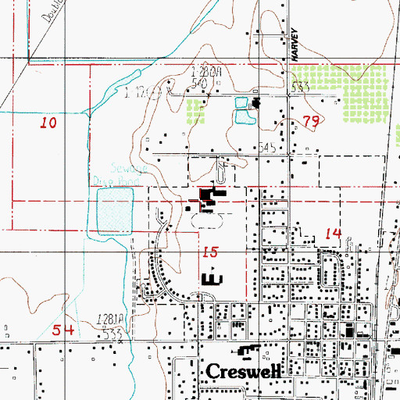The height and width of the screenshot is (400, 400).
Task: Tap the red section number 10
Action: pyautogui.click(x=48, y=123)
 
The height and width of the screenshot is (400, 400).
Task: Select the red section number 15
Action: pyautogui.click(x=208, y=252)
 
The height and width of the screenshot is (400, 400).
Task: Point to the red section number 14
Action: pyautogui.click(x=333, y=233)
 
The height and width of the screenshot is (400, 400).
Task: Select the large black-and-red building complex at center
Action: pyautogui.click(x=211, y=198)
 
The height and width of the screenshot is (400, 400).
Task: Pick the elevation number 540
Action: pyautogui.click(x=198, y=81)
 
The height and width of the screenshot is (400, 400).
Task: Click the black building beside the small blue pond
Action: pyautogui.click(x=255, y=102)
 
